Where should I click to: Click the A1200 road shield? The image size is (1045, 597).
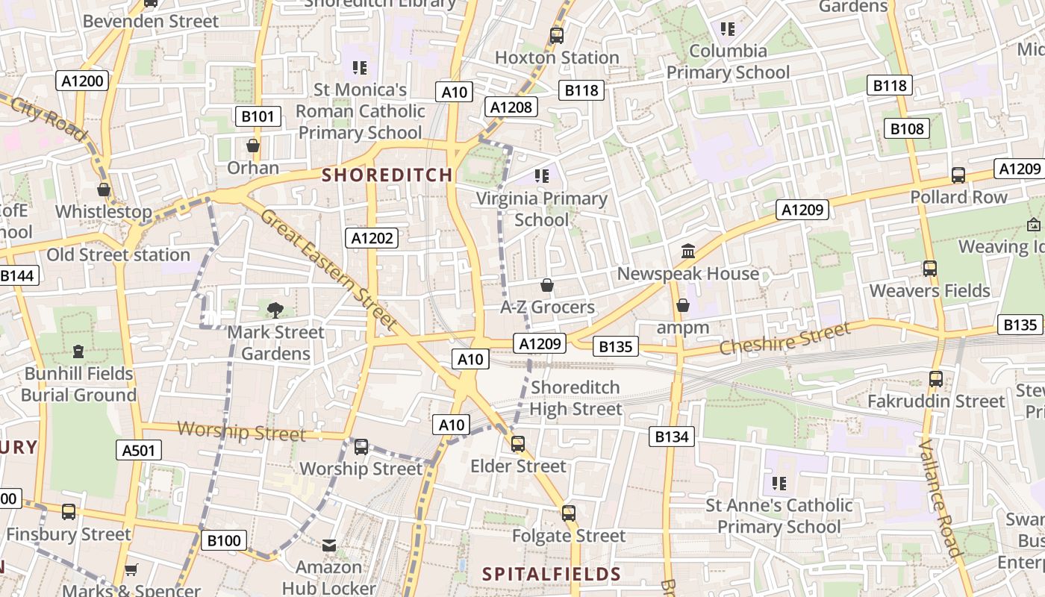click(x=84, y=81)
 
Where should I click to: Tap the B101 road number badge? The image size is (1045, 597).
click(x=258, y=116)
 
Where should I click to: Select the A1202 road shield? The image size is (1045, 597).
click(x=372, y=238)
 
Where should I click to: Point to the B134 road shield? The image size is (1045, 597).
click(x=671, y=437)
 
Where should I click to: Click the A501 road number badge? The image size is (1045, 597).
click(x=139, y=449)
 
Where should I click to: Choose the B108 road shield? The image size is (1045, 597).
click(x=907, y=128)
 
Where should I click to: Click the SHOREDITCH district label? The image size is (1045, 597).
click(x=387, y=175)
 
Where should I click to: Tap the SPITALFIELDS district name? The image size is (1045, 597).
click(x=552, y=574)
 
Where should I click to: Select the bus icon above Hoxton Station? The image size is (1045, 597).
click(x=556, y=35)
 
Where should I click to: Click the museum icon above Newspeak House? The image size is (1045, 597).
click(x=688, y=251)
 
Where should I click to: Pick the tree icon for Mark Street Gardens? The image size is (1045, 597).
click(x=275, y=310)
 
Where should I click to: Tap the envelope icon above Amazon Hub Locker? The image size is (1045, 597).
click(x=329, y=546)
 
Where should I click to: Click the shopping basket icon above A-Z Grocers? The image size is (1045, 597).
click(x=547, y=285)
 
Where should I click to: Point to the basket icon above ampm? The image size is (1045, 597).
click(x=683, y=305)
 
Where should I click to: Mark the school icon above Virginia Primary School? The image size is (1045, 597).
click(x=542, y=176)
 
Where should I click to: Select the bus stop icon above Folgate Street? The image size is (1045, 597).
click(x=569, y=513)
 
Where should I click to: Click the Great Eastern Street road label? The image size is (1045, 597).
click(x=328, y=269)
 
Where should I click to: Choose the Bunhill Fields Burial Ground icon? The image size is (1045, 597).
click(x=78, y=351)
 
